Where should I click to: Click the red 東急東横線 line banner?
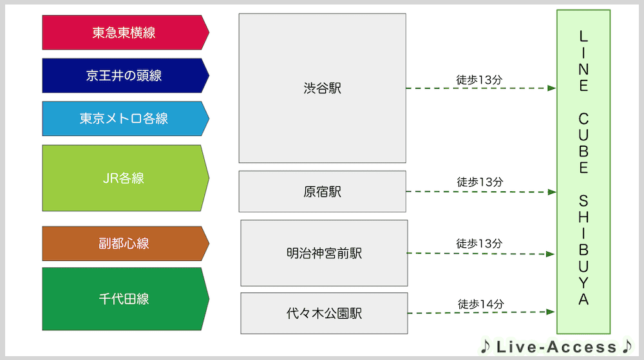(126, 32)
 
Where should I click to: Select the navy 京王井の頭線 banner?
(126, 75)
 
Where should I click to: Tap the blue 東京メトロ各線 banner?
(126, 118)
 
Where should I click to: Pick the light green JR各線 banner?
(126, 178)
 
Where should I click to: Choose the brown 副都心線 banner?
(126, 243)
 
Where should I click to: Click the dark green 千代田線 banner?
(126, 299)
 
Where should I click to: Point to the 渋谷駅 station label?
(323, 88)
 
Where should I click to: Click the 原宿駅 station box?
(323, 192)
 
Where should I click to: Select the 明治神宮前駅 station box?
(324, 253)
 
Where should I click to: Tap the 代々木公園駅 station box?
(324, 313)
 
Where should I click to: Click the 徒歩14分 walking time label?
(480, 304)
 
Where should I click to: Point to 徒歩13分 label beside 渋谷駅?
(479, 80)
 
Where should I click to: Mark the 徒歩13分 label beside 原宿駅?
(480, 182)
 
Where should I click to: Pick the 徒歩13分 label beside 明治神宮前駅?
(479, 243)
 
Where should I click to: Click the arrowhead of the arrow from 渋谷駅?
(552, 88)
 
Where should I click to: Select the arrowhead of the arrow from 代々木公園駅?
(551, 312)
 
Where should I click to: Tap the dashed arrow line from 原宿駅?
(481, 192)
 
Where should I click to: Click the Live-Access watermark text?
(556, 347)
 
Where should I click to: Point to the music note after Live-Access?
(627, 346)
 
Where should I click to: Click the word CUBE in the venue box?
(583, 143)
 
